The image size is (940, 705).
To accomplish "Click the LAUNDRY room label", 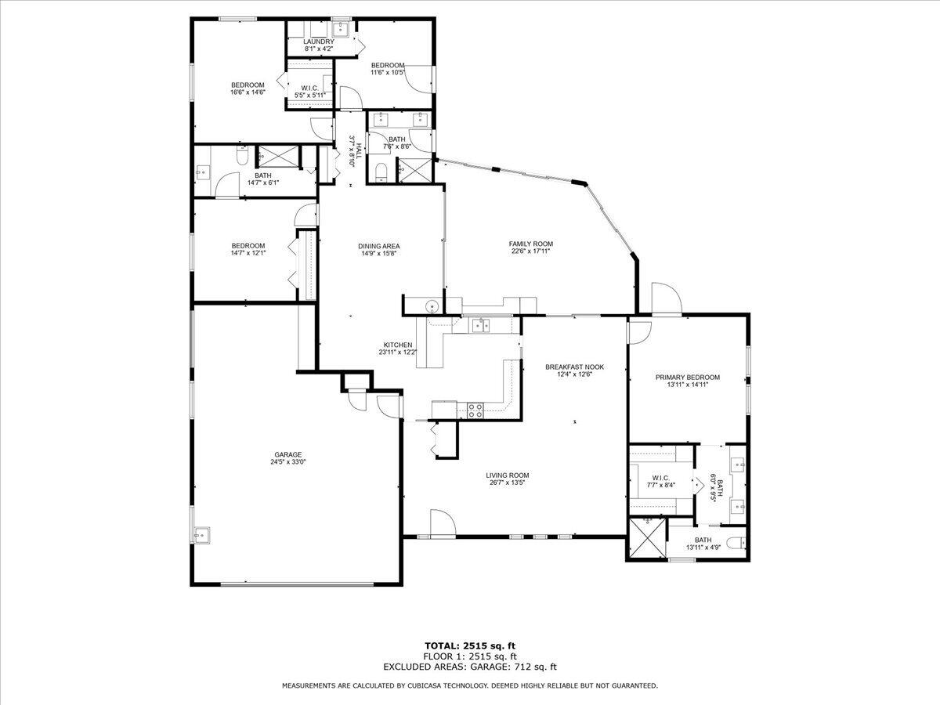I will click(x=319, y=42).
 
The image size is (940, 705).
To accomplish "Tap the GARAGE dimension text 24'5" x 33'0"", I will click(x=288, y=462).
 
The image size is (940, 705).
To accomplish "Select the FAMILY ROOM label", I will click(x=531, y=244).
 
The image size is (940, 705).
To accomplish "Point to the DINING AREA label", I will click(x=379, y=246).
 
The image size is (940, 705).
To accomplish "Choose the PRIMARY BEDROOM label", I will click(x=687, y=377).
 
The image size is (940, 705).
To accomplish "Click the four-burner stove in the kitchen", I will click(x=475, y=408).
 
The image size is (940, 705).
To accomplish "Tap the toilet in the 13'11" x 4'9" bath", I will click(x=734, y=543).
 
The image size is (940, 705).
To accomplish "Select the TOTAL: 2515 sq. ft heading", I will click(x=470, y=645).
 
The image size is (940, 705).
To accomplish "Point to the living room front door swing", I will click(x=441, y=521).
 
